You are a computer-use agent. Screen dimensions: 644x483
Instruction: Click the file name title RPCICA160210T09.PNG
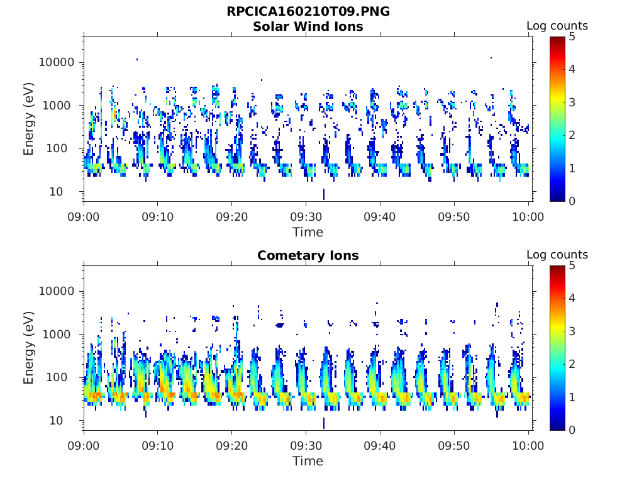pyautogui.click(x=308, y=11)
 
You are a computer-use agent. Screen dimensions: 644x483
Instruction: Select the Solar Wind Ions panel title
pyautogui.click(x=308, y=26)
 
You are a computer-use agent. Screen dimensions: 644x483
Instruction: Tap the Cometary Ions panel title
pyautogui.click(x=308, y=255)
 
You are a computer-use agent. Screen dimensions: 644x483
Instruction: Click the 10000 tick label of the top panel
pyautogui.click(x=57, y=62)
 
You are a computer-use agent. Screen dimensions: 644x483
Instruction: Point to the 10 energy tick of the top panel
pyautogui.click(x=56, y=192)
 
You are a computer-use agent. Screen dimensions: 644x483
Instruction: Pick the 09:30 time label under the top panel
pyautogui.click(x=306, y=217)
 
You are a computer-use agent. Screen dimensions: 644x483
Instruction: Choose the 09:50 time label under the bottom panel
pyautogui.click(x=454, y=446)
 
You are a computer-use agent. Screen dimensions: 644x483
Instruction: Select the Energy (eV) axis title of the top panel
pyautogui.click(x=28, y=119)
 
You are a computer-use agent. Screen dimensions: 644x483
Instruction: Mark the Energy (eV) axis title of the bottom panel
pyautogui.click(x=28, y=348)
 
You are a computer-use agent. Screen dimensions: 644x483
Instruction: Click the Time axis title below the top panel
pyautogui.click(x=308, y=232)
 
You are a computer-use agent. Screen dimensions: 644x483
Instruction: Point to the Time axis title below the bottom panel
pyautogui.click(x=308, y=461)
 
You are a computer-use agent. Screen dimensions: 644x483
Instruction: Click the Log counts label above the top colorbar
pyautogui.click(x=557, y=26)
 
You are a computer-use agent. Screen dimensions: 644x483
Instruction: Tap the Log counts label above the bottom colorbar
pyautogui.click(x=557, y=255)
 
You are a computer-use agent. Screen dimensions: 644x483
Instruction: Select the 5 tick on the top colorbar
pyautogui.click(x=572, y=37)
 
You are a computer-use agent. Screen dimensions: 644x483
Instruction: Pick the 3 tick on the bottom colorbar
pyautogui.click(x=572, y=331)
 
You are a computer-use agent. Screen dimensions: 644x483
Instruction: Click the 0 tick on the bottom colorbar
pyautogui.click(x=572, y=430)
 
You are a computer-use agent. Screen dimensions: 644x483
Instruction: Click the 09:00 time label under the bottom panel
pyautogui.click(x=84, y=446)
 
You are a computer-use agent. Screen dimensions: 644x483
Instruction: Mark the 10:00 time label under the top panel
pyautogui.click(x=528, y=217)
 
